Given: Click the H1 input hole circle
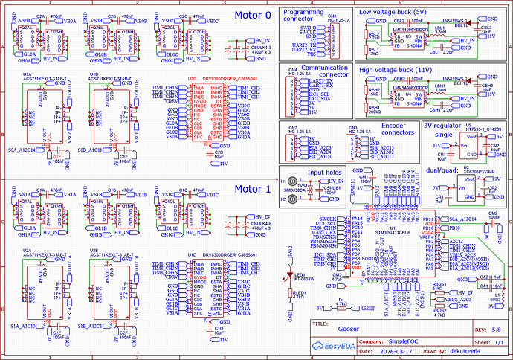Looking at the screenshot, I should coord(292,181).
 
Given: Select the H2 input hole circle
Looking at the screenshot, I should coord(292,199).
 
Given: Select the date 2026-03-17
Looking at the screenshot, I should coord(358,352).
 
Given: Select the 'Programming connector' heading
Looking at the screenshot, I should coord(304,16).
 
